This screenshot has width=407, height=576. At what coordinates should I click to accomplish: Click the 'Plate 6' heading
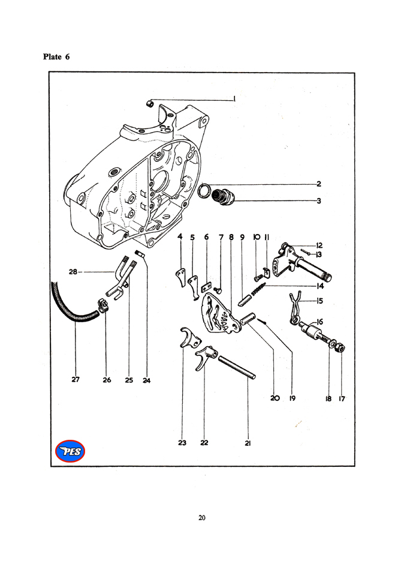click(56, 57)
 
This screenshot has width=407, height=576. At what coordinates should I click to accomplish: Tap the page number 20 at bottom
click(202, 518)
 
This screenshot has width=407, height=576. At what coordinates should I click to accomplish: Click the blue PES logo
click(70, 451)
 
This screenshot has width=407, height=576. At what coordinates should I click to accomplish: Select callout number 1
click(234, 99)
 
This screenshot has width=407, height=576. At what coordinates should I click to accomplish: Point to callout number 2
click(319, 184)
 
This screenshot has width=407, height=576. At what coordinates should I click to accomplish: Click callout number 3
click(319, 201)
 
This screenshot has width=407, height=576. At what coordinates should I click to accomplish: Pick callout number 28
click(73, 272)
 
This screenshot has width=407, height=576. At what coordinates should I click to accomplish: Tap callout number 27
click(76, 380)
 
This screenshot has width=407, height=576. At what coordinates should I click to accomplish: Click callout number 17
click(342, 398)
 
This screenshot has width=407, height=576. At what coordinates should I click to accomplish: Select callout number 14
click(320, 286)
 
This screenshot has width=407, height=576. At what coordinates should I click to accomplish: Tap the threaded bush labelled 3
click(223, 196)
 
